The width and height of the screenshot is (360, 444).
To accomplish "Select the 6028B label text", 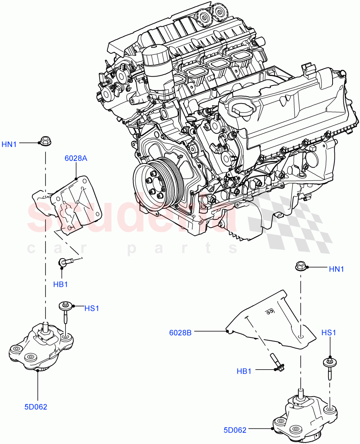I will (x=180, y=333).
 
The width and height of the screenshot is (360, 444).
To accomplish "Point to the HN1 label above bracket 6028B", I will (x=336, y=269).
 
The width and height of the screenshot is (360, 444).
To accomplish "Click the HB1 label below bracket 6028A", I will (x=61, y=284).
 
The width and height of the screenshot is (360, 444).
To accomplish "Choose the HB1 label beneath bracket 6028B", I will (x=244, y=371).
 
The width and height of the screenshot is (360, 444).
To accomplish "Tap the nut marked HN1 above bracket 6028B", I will (x=300, y=266).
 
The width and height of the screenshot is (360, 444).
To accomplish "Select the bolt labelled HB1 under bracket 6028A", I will (x=67, y=262).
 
